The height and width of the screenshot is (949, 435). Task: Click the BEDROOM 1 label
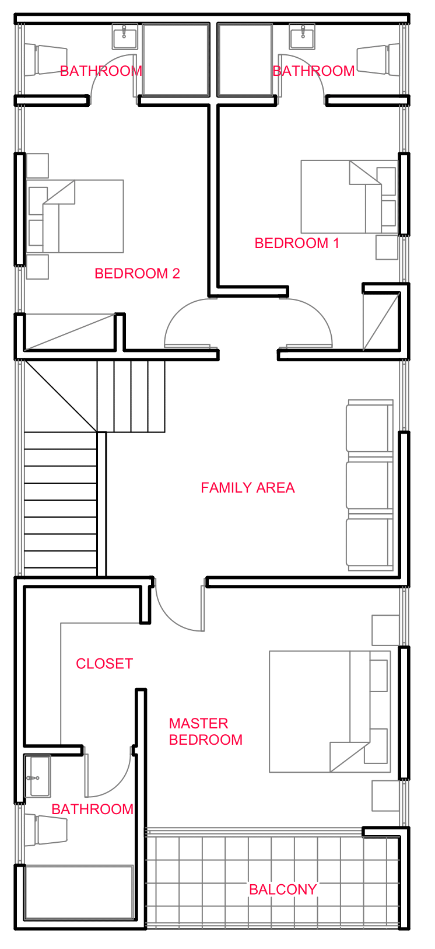click(x=297, y=243)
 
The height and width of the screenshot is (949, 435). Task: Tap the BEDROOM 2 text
click(x=137, y=274)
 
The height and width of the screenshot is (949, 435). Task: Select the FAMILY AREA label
click(x=247, y=488)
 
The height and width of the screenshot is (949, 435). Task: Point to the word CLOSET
click(x=104, y=664)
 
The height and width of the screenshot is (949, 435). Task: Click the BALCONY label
click(x=283, y=889)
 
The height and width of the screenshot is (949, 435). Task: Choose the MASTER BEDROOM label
click(x=205, y=732)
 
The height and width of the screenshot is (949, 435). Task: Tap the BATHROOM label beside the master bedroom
click(x=92, y=810)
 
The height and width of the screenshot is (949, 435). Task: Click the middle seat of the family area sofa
click(x=369, y=484)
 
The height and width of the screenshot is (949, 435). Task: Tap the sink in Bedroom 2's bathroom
click(x=124, y=37)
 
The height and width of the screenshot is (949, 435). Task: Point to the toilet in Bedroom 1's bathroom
click(x=373, y=60)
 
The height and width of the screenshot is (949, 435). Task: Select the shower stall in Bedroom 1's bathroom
click(x=245, y=60)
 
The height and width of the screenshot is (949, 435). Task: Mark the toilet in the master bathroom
click(x=50, y=830)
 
